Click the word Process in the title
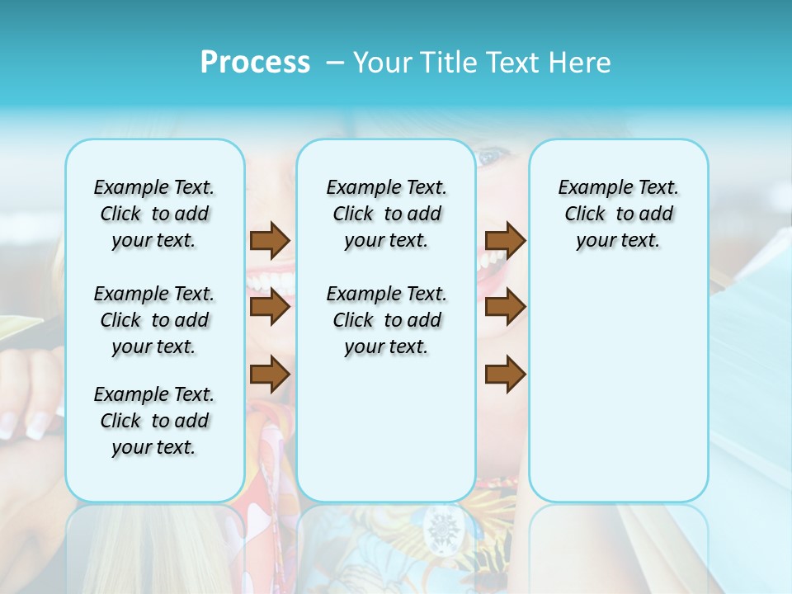[x=255, y=63]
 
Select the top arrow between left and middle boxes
[x=270, y=240]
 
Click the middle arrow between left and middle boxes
[x=270, y=308]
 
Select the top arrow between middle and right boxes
[x=505, y=240]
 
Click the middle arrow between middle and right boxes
[x=505, y=308]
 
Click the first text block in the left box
[x=154, y=214]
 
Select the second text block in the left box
[x=154, y=320]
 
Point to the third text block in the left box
[x=154, y=421]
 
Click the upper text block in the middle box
[x=386, y=214]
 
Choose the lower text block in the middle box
[x=386, y=320]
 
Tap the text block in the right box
[x=618, y=214]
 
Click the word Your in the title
[x=382, y=63]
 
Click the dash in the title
[x=335, y=63]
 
